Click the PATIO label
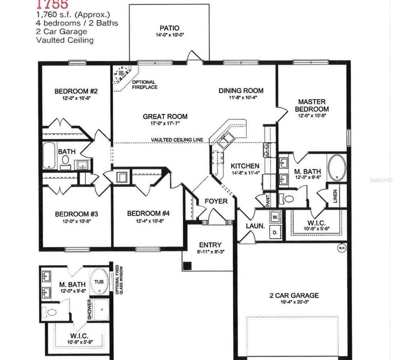coord(169,28)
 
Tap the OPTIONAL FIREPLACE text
coord(144,85)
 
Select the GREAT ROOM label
coord(165,117)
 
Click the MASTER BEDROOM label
coord(312,105)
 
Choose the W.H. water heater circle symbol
coord(341,248)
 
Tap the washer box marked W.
coord(275,217)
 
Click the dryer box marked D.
coord(275,232)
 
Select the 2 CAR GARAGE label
coord(294,295)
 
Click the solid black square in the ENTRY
coord(187,266)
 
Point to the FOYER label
coord(216,201)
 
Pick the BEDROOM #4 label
coord(148,213)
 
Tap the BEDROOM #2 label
coord(76,92)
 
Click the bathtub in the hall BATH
coord(49,156)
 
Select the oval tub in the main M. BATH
coord(337,168)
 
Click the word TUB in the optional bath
coord(99,282)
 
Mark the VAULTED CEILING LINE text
coord(177,140)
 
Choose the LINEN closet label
coord(336,197)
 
